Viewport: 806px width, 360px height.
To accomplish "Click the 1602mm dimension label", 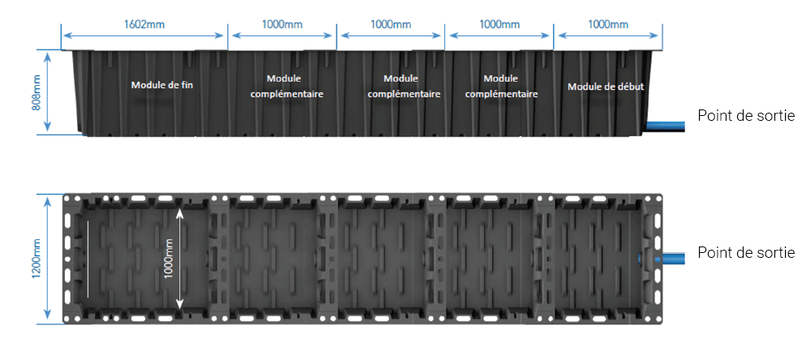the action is (x=144, y=24).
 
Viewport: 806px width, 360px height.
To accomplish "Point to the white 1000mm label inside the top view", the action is (x=169, y=259).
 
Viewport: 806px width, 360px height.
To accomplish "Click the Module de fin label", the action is (x=162, y=85).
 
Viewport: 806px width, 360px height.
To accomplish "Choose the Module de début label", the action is (x=606, y=87).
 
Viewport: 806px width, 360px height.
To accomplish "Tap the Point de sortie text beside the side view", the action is (x=746, y=116).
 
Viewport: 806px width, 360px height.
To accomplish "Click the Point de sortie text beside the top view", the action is (x=746, y=252).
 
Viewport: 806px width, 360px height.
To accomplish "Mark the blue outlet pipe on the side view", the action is (x=666, y=125).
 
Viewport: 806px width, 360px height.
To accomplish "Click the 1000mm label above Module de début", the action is (x=608, y=24).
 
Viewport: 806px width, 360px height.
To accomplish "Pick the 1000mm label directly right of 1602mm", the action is (x=282, y=24).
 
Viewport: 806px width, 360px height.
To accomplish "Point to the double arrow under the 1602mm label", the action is (x=144, y=36).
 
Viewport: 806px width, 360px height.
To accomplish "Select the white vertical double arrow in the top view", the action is (x=179, y=259).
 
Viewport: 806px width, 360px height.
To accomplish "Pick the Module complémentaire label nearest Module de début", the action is (x=500, y=87).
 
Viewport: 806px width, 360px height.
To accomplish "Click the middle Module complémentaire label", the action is (x=404, y=87).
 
